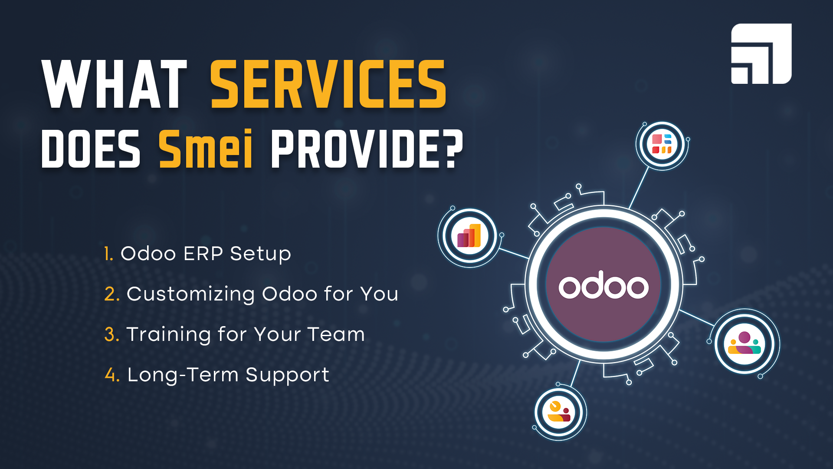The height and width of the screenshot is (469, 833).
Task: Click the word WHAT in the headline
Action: [115, 84]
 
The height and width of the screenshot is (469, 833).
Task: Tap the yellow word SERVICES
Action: [328, 84]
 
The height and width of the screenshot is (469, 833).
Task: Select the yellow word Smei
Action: [206, 148]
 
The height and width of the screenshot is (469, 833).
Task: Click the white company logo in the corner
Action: [761, 53]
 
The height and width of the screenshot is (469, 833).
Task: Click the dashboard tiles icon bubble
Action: [662, 144]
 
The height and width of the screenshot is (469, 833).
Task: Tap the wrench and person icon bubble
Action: [559, 412]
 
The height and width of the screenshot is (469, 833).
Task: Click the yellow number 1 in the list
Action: [108, 254]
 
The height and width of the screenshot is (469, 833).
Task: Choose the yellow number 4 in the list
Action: [112, 375]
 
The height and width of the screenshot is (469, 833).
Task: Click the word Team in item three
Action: [336, 334]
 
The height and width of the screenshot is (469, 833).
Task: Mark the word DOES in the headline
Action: [91, 149]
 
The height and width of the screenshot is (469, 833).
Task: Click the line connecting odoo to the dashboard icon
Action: [639, 188]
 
